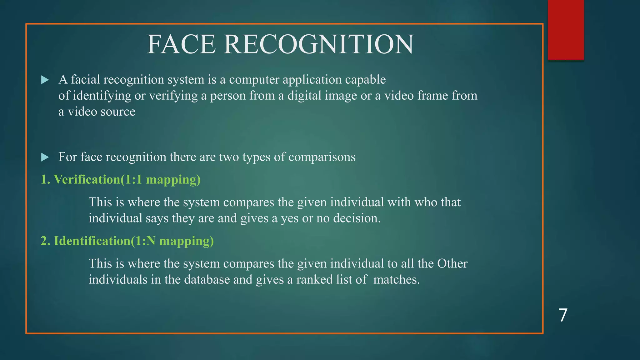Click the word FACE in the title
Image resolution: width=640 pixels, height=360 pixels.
pos(181,44)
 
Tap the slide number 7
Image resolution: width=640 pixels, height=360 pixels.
pos(563,315)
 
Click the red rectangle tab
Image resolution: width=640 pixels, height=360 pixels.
pos(566,30)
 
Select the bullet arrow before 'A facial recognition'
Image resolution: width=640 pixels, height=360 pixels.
pos(45,80)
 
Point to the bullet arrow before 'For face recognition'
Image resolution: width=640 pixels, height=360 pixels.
pos(45,157)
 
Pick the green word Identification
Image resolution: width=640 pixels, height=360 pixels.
pos(92,241)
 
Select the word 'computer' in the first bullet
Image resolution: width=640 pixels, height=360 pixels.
pos(254,80)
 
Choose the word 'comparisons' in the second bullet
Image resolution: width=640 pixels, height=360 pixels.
pos(322,157)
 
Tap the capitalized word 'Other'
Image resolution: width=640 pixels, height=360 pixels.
pos(452,263)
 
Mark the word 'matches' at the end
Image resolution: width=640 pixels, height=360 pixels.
pos(396,279)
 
